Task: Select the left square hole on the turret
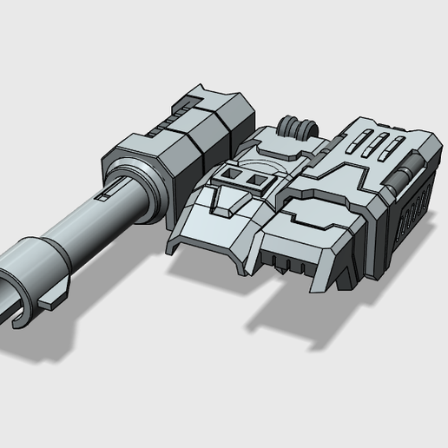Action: pos(228,175)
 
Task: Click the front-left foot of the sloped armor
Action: pos(174,244)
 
